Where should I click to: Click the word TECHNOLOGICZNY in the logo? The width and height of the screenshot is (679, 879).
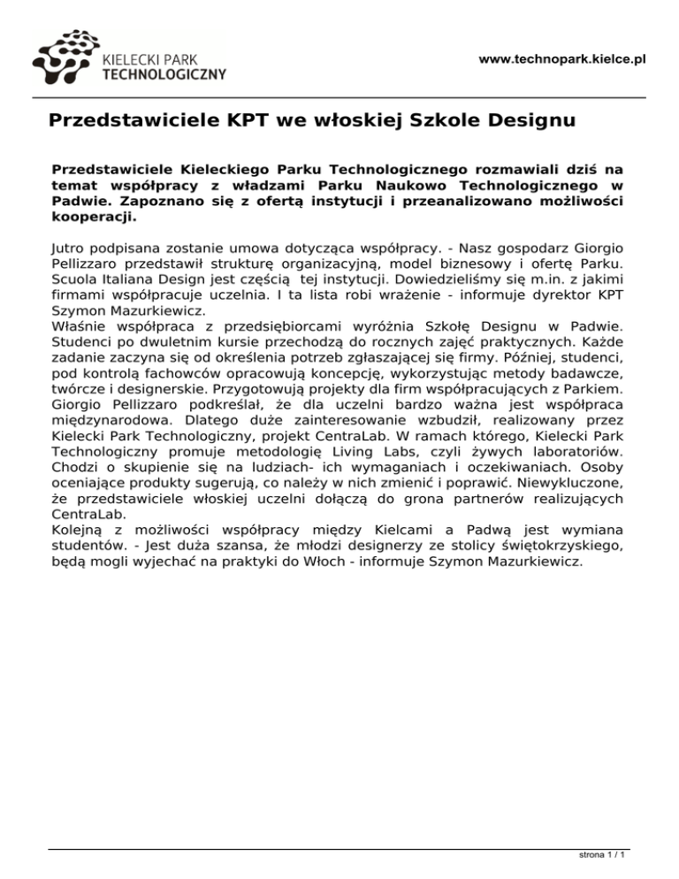pos(164,74)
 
